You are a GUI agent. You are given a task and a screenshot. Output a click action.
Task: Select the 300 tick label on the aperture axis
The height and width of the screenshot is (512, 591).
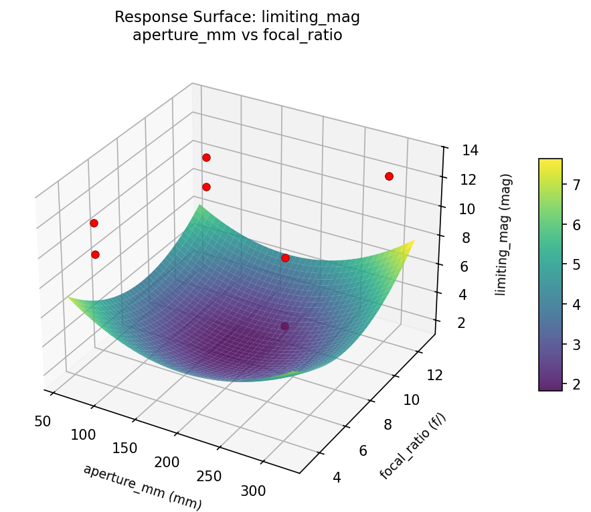[252, 491]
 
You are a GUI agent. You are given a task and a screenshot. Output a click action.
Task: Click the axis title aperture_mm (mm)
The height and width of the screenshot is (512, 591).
[142, 487]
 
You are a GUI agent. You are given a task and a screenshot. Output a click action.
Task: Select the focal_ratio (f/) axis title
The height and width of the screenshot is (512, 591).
[412, 446]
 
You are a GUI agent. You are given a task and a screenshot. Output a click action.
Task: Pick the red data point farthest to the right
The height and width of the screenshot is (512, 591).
[389, 176]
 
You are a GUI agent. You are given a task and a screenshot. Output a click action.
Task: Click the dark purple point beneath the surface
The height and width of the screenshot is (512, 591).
[285, 326]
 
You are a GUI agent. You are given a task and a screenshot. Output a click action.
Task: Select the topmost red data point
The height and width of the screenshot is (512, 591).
[206, 157]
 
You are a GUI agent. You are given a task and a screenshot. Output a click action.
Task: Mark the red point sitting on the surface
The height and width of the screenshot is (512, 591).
[285, 258]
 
